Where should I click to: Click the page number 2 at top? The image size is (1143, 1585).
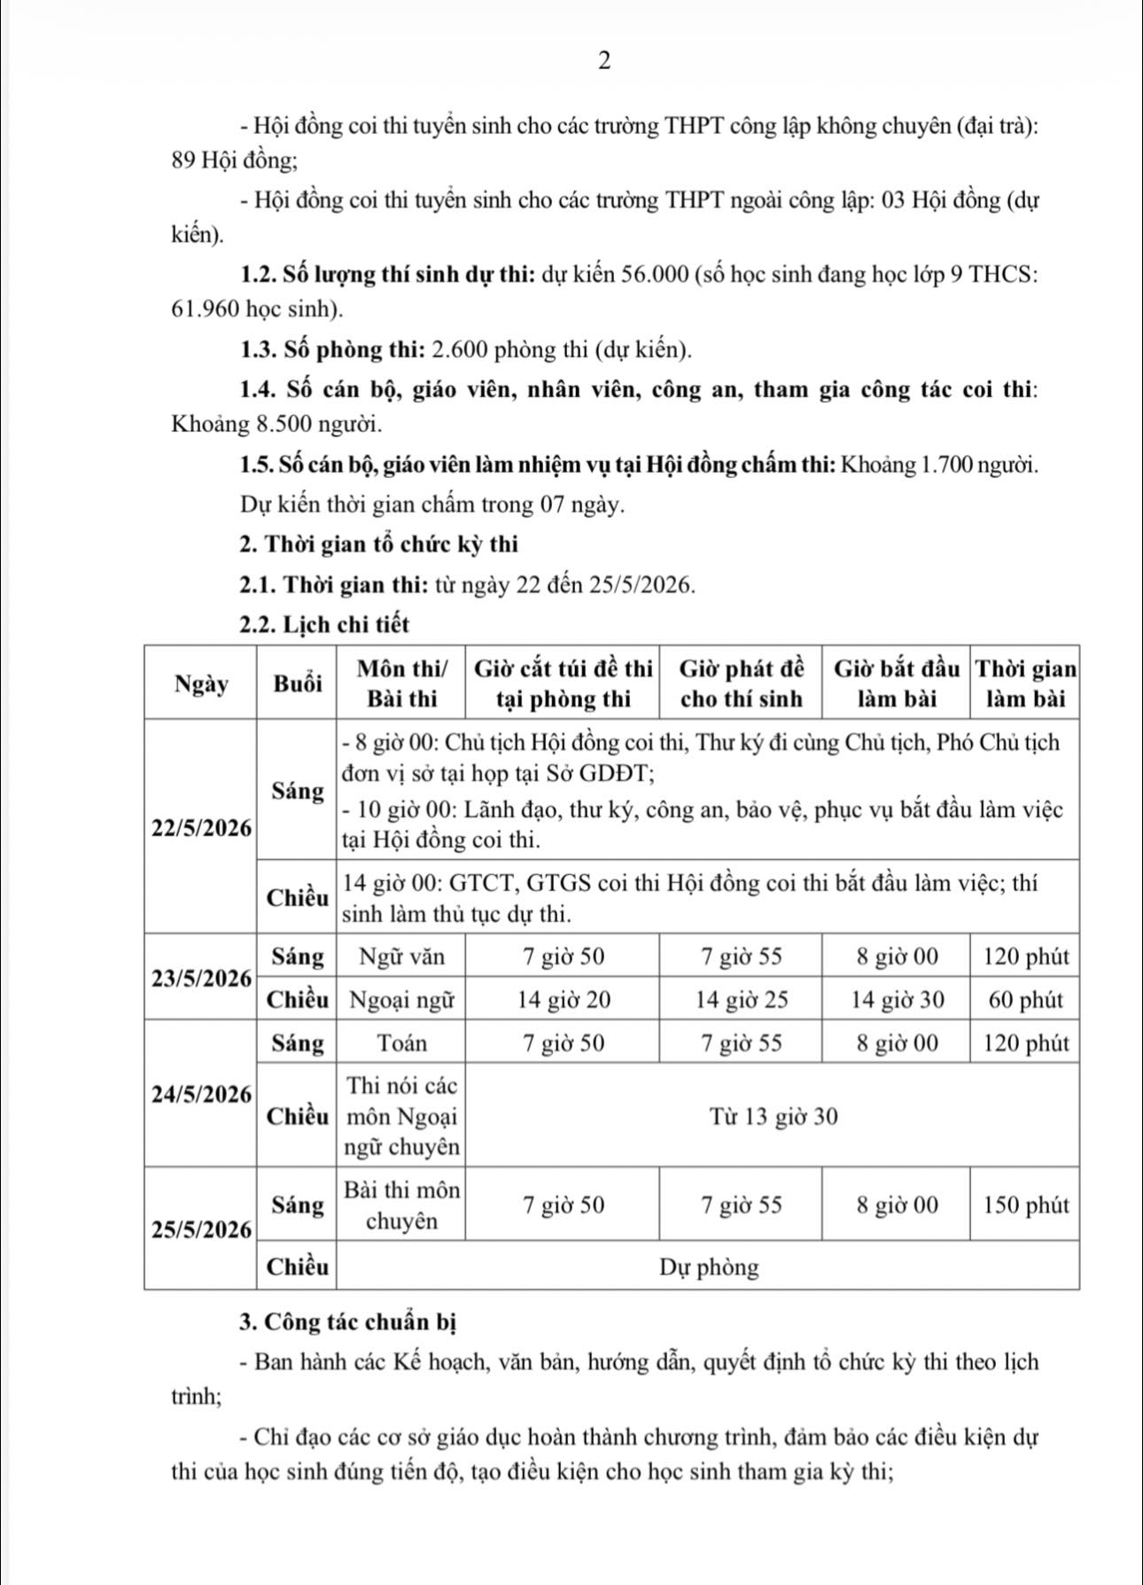[x=604, y=61]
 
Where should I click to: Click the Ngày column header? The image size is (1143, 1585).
[x=200, y=683]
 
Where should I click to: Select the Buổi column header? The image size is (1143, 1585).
[x=297, y=683]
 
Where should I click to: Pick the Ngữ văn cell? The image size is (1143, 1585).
[x=401, y=957]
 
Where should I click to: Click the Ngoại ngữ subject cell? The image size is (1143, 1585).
[x=401, y=1001]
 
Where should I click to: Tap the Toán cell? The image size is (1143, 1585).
[x=401, y=1043]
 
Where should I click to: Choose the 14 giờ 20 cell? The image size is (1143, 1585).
[x=564, y=1001]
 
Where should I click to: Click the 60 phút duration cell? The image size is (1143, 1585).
[x=1025, y=1001]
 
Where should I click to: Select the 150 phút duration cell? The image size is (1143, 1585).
[x=1025, y=1206]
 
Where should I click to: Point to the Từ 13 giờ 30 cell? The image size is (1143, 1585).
[x=773, y=1117]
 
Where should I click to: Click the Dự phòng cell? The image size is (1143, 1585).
[x=709, y=1268]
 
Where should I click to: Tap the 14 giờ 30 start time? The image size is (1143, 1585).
[x=897, y=1001]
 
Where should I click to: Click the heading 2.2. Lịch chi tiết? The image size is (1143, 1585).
[x=324, y=625]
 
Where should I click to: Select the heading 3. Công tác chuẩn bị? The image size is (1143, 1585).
[x=347, y=1323]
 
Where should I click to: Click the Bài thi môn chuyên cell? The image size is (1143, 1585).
[x=401, y=1206]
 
